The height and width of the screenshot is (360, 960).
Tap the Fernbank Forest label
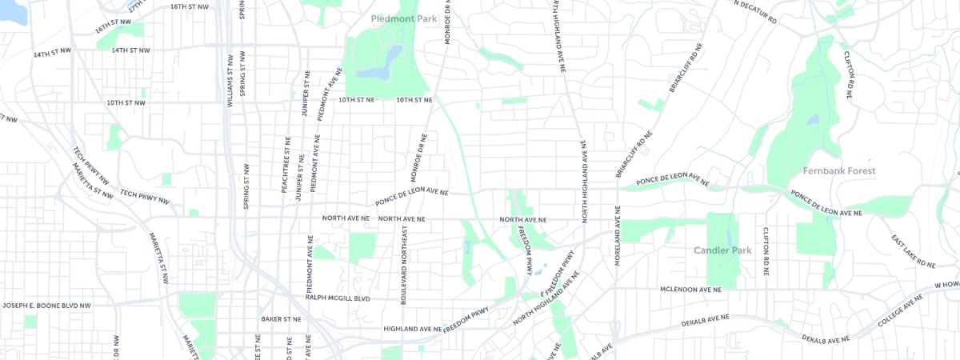[840, 171]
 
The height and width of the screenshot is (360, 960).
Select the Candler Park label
[722, 251]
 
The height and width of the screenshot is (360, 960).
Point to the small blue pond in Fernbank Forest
[813, 121]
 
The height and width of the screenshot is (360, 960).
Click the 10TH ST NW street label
[126, 102]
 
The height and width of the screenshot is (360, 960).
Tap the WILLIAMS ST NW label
[230, 80]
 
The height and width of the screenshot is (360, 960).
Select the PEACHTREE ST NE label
[285, 163]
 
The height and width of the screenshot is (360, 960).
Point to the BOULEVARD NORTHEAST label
[404, 264]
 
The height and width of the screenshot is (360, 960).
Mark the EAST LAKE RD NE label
[914, 251]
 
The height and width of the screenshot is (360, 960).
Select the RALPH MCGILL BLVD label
[338, 298]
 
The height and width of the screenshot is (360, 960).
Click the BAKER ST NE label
[281, 318]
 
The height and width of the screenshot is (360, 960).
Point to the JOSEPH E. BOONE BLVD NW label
[46, 306]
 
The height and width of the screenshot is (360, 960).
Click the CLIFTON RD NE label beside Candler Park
[766, 251]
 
